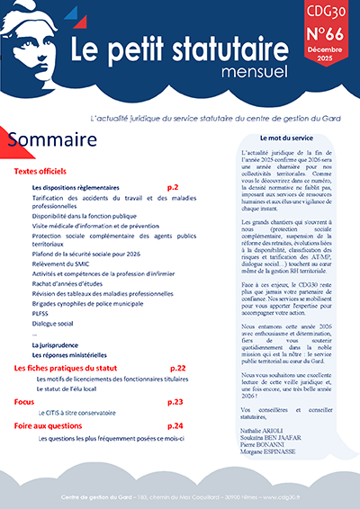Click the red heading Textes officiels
[x=43, y=171]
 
